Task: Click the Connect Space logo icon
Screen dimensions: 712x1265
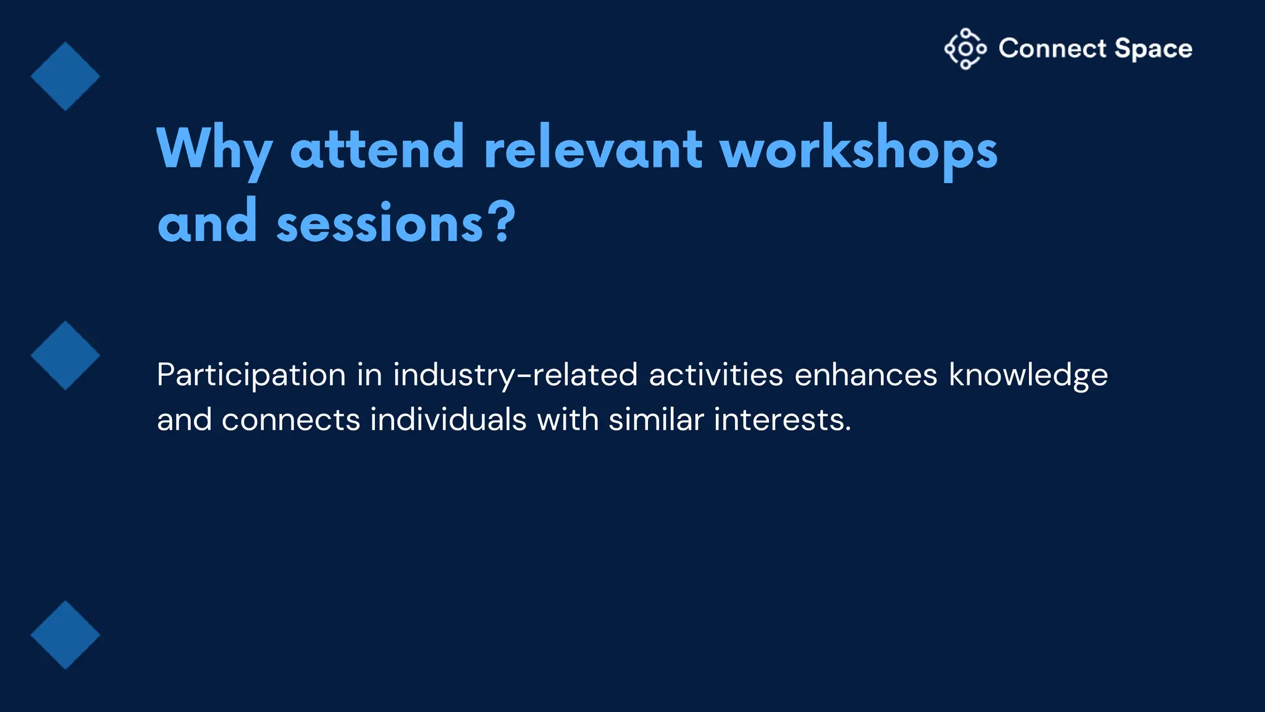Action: [965, 49]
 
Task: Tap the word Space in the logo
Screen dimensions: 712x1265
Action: [1153, 49]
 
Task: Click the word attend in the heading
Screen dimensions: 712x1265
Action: [377, 148]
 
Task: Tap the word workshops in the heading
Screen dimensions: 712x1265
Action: [859, 150]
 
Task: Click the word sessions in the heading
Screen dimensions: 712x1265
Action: [379, 224]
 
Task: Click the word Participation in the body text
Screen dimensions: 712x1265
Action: [251, 376]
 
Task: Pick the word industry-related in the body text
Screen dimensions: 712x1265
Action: [515, 376]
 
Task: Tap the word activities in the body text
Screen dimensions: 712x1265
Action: [715, 375]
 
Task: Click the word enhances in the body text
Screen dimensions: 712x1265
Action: [865, 375]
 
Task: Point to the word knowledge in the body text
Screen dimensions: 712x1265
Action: [1028, 376]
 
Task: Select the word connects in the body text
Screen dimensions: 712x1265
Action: [290, 420]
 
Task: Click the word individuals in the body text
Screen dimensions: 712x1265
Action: [448, 420]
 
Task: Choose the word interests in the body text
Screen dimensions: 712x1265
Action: [782, 420]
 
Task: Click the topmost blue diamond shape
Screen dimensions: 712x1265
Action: [65, 77]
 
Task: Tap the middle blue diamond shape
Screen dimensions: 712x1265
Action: [65, 355]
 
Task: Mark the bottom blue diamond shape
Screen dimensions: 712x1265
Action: [65, 635]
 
